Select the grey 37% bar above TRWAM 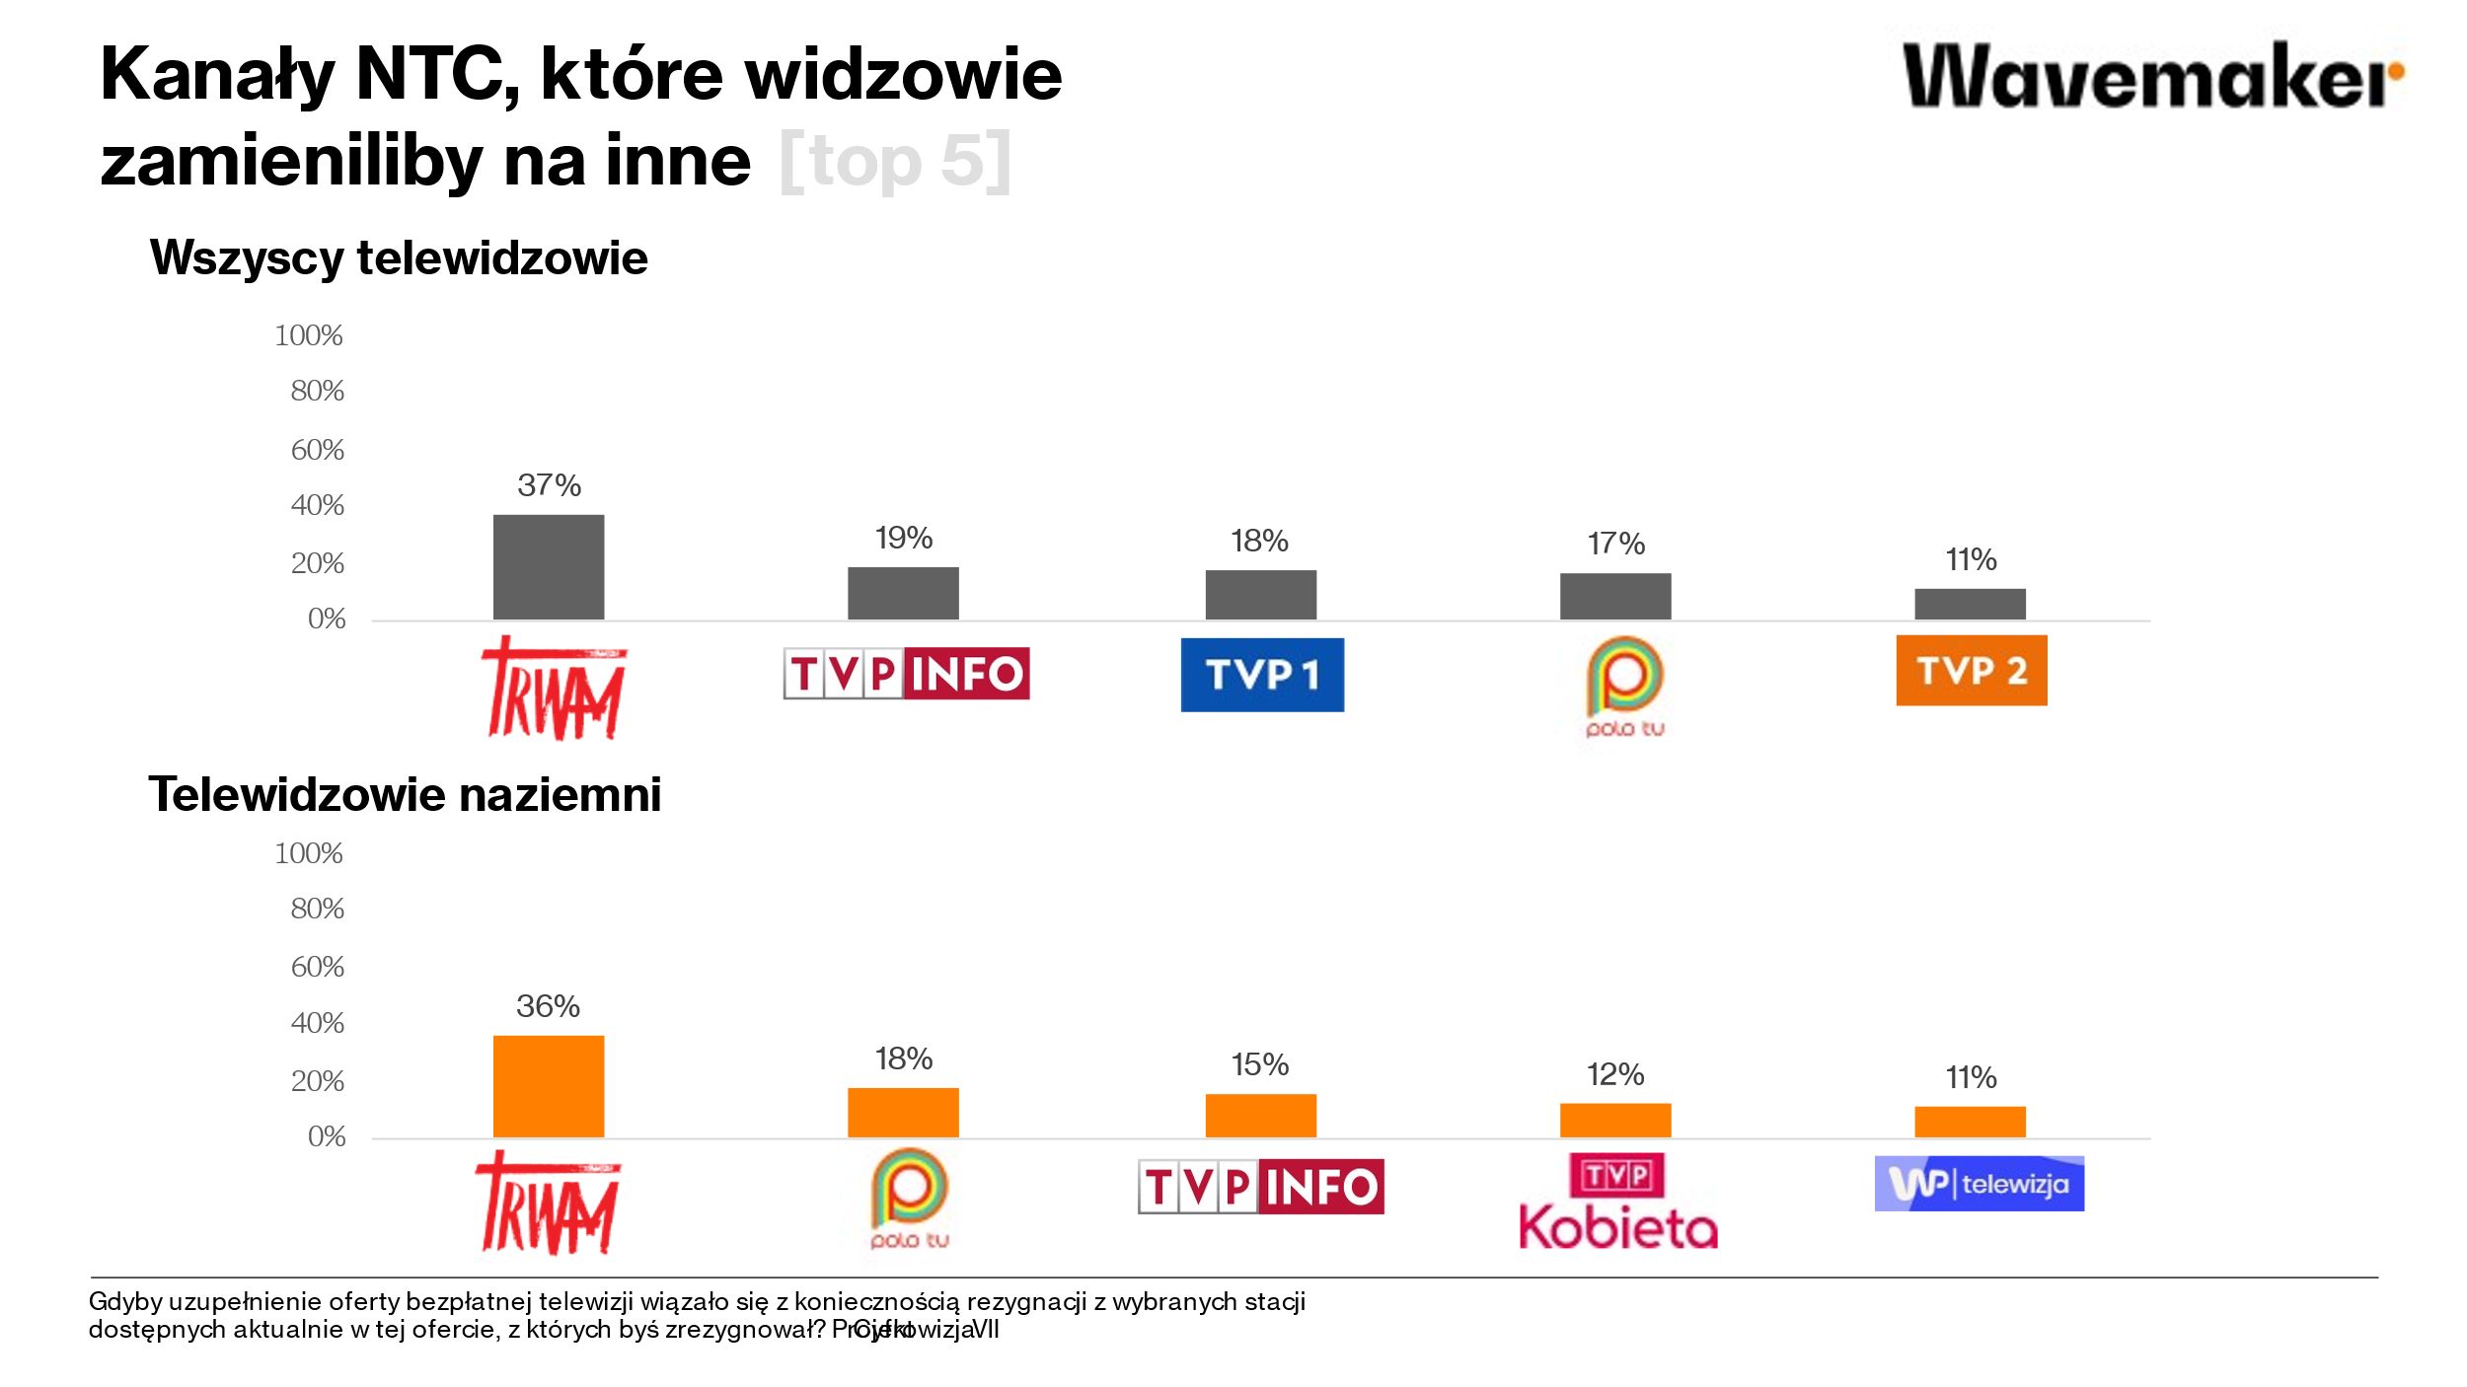tap(549, 567)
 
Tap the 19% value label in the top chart tap(903, 538)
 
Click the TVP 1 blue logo tap(1262, 675)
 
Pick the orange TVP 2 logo tap(1971, 670)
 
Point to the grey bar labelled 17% tap(1615, 596)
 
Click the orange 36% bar tap(549, 1086)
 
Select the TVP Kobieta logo tap(1617, 1201)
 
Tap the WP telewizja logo tap(1979, 1183)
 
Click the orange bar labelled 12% tap(1615, 1120)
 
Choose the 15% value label tap(1259, 1064)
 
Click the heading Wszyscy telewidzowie tap(399, 258)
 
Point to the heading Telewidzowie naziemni tap(405, 794)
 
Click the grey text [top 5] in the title tap(895, 161)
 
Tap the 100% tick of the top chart tap(309, 335)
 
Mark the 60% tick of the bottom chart tap(317, 967)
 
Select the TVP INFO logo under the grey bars tap(906, 674)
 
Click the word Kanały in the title tap(218, 75)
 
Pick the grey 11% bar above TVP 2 tap(1970, 604)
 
